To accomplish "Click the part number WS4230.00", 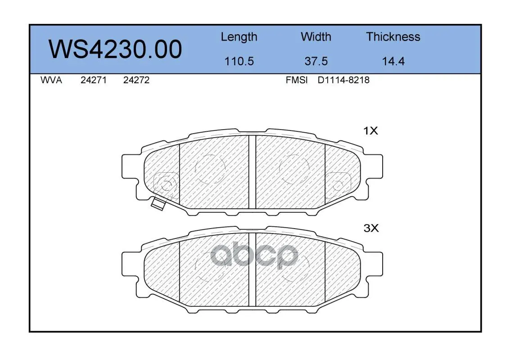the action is tap(115, 49).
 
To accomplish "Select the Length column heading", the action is tap(239, 37).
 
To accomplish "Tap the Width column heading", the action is tap(316, 36).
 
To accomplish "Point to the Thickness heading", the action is tap(393, 36).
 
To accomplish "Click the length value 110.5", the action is tap(239, 61).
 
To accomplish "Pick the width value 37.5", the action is tap(316, 61).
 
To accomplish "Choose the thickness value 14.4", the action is tap(393, 61).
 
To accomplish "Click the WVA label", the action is tap(51, 80).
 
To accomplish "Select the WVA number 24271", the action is tap(94, 80).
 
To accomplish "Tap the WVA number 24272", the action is tap(136, 80).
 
